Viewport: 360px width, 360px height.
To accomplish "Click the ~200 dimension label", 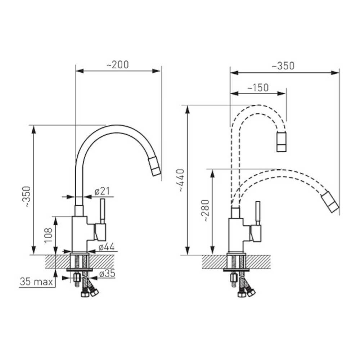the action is click(x=118, y=65).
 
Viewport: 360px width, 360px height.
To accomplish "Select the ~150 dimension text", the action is click(x=258, y=88).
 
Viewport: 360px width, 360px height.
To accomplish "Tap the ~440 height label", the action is click(x=181, y=180).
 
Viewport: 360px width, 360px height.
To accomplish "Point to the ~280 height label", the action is click(x=206, y=211).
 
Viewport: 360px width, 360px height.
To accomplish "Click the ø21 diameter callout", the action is click(x=102, y=191).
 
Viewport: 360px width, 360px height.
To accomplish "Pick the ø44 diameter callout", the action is click(x=107, y=247).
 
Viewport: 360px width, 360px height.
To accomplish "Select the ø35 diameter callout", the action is click(x=107, y=274).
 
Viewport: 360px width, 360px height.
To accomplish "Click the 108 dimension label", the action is click(x=49, y=235).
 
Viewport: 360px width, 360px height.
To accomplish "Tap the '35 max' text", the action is click(x=36, y=282).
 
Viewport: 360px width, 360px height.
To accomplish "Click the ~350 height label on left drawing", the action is click(x=27, y=197).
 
